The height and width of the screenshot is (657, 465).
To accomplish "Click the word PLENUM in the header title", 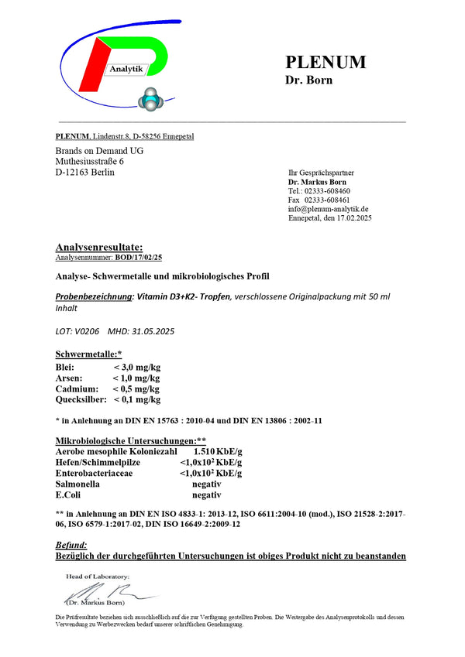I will click(x=325, y=63).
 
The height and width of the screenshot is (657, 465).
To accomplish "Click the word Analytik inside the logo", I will click(x=127, y=70).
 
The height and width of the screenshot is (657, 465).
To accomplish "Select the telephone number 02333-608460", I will click(x=329, y=190).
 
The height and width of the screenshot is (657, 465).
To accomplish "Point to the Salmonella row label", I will click(x=77, y=483).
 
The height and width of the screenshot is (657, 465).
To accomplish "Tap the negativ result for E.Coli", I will click(x=206, y=494).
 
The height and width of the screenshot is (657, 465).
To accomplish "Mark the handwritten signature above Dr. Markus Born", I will click(x=113, y=592).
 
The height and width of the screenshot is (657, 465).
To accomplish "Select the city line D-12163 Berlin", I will click(x=85, y=172).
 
